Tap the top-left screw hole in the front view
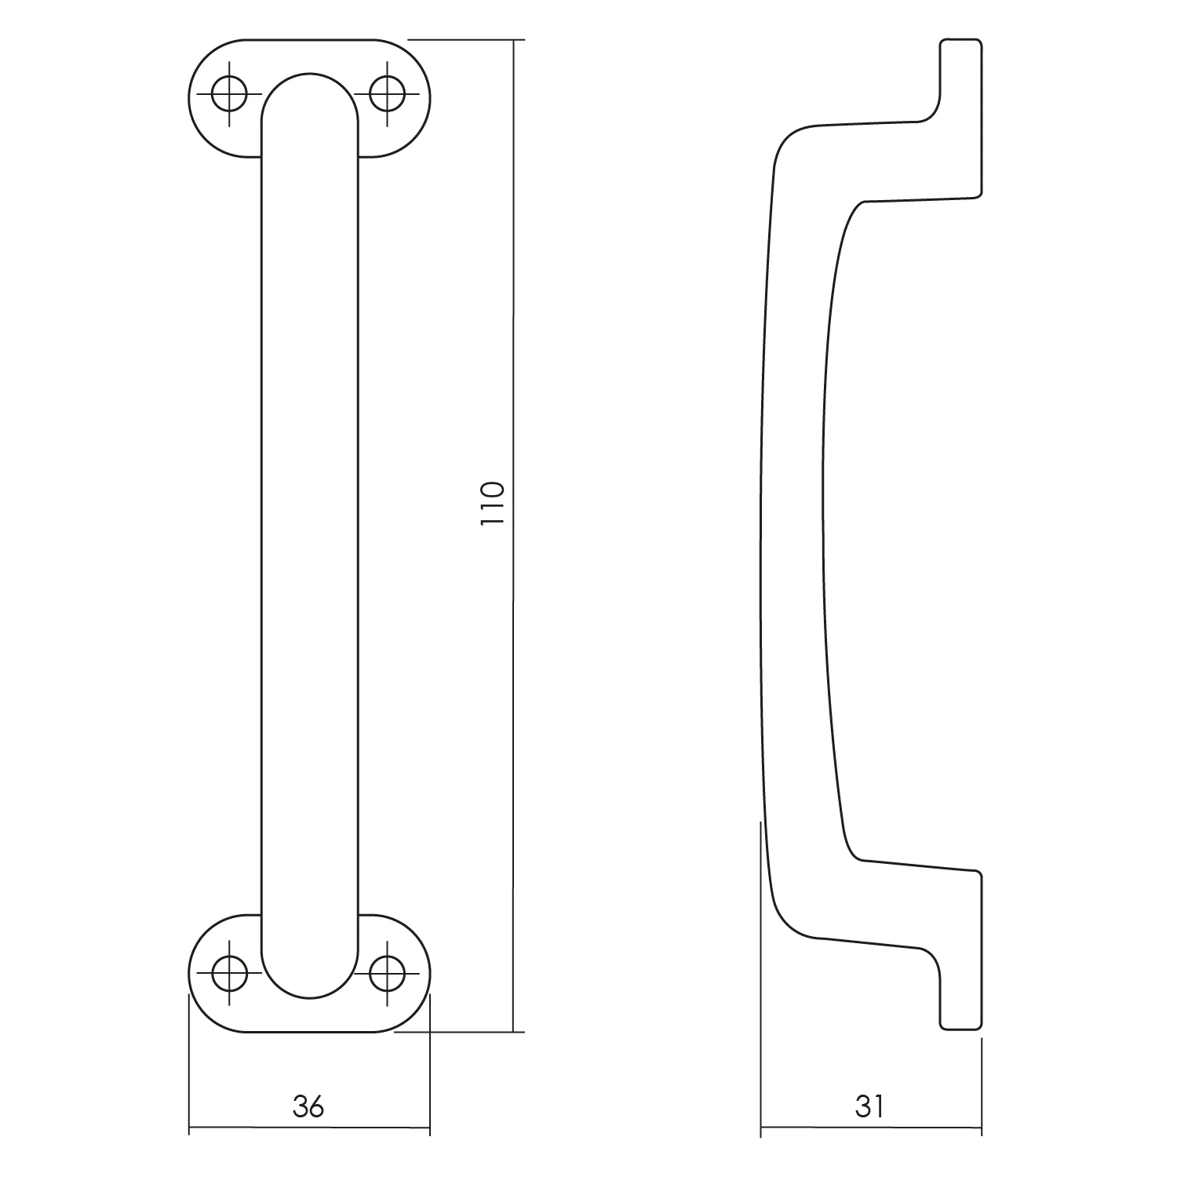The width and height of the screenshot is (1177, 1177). pos(229,95)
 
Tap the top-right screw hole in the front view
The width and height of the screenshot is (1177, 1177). pos(386,95)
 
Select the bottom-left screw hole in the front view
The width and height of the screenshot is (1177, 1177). pos(229,975)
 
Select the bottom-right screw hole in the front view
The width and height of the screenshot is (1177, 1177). pos(386,975)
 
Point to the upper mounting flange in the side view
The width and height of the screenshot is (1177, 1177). pos(961,118)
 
